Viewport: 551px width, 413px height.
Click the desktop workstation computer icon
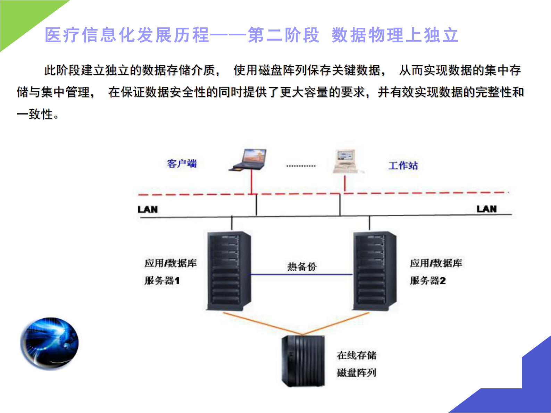(345, 161)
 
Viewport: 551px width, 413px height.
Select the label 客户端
(182, 163)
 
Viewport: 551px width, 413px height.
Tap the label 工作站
(403, 166)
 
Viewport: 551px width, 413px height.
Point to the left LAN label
(148, 209)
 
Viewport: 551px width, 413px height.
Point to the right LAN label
(486, 209)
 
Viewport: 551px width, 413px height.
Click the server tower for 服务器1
(229, 271)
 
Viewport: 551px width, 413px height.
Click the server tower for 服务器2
(374, 271)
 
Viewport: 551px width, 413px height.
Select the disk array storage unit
(303, 361)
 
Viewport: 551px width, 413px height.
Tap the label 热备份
(302, 267)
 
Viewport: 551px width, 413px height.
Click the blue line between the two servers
(302, 275)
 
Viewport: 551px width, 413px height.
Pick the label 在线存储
(357, 355)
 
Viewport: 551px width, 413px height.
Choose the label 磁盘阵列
(357, 373)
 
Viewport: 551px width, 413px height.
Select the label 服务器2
(428, 280)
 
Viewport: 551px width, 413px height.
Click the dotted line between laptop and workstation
(301, 166)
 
